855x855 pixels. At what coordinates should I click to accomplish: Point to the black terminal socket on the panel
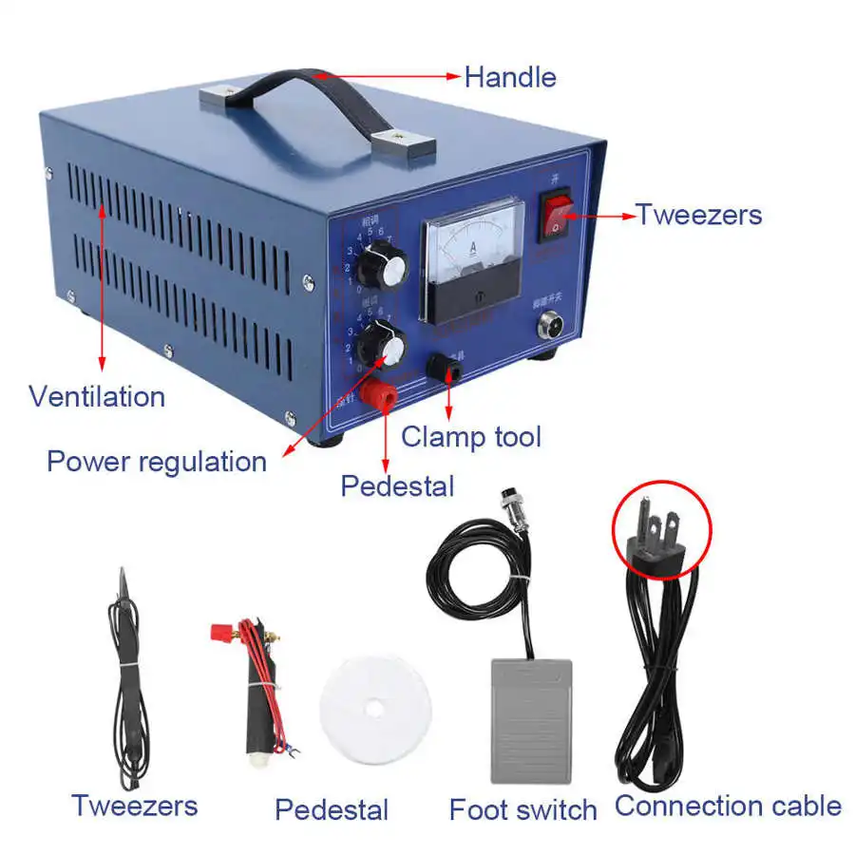coord(444,368)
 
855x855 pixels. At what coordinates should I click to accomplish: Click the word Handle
coord(510,77)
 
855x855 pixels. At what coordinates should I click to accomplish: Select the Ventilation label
coord(97,396)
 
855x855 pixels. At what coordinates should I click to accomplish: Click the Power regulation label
coord(157,462)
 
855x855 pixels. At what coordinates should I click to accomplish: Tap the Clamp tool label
coord(471,437)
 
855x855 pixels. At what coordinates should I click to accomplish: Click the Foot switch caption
coord(523,810)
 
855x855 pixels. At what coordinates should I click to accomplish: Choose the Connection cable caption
coord(728,807)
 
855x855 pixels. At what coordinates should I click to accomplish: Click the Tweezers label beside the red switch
coord(699,215)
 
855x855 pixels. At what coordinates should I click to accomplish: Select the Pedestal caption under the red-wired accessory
coord(332,810)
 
